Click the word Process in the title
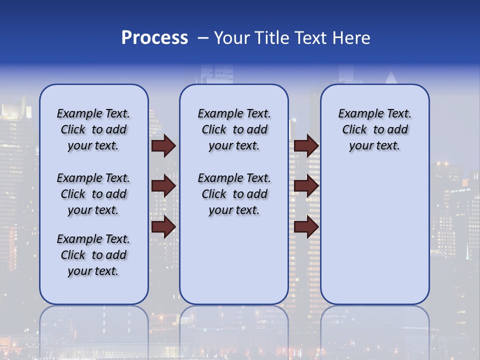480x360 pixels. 154,38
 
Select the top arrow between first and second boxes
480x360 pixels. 163,145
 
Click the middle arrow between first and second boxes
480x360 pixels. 163,186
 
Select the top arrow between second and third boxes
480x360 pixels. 306,145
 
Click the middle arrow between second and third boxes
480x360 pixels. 306,186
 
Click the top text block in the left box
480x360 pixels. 93,129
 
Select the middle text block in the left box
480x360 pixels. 93,194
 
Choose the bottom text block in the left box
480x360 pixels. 93,255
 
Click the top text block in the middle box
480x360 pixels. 234,129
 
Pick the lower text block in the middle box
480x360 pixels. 234,194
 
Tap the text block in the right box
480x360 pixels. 374,129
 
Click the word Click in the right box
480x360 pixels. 354,130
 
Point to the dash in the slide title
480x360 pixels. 203,38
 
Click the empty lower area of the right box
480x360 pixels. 374,235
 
